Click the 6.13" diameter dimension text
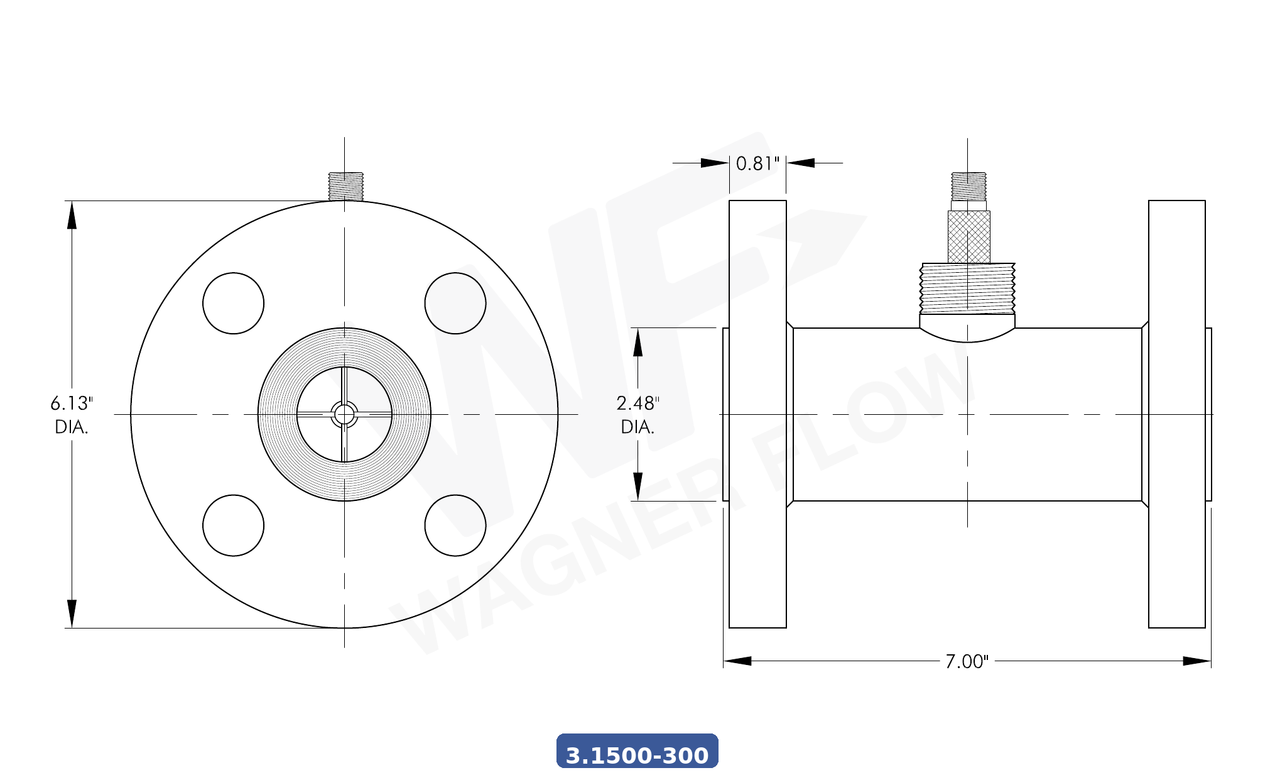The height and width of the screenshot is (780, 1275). [x=72, y=414]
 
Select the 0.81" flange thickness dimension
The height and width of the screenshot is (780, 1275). [x=757, y=163]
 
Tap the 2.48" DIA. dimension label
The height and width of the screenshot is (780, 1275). [x=637, y=414]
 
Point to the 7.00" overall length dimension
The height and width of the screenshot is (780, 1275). [x=967, y=661]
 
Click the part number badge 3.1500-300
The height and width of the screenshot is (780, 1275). [x=637, y=752]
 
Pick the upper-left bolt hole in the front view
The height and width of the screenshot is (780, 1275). [x=233, y=303]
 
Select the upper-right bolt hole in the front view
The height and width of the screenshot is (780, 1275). [x=455, y=303]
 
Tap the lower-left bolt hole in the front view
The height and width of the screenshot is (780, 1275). [x=233, y=525]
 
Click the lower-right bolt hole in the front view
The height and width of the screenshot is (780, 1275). [x=455, y=525]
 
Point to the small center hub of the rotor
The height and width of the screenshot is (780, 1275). [x=344, y=414]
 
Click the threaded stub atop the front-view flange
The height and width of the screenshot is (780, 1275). [x=345, y=186]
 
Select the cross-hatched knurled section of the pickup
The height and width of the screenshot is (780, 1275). [x=968, y=237]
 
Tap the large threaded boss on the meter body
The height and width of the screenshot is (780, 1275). [x=967, y=288]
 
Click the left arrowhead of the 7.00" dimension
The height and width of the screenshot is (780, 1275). [x=737, y=661]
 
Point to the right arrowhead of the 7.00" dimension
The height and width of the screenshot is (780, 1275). [x=1196, y=661]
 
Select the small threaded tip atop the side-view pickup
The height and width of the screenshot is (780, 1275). [x=968, y=186]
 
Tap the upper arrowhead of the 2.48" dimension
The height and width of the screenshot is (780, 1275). [x=637, y=343]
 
